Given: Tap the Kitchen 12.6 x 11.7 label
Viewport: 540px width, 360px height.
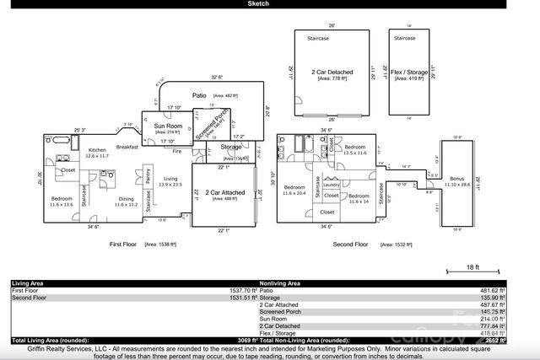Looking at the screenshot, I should pos(98,153).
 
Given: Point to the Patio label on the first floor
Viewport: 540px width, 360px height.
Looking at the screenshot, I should pos(200,96).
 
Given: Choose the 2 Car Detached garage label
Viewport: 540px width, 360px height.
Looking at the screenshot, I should pos(332,73).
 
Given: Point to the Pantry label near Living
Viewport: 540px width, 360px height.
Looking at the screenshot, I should pos(148,178).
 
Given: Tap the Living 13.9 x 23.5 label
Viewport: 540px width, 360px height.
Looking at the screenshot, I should pos(171,180).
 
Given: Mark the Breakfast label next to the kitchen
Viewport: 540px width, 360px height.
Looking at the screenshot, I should pos(127,147).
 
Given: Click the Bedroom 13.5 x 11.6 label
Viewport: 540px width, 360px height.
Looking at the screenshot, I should pos(360,148).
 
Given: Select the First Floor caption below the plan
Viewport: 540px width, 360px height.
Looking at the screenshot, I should pos(126,244).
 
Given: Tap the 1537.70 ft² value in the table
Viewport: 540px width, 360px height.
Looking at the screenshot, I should pos(237,290).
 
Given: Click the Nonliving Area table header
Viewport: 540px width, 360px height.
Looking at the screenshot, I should pos(283,283).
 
